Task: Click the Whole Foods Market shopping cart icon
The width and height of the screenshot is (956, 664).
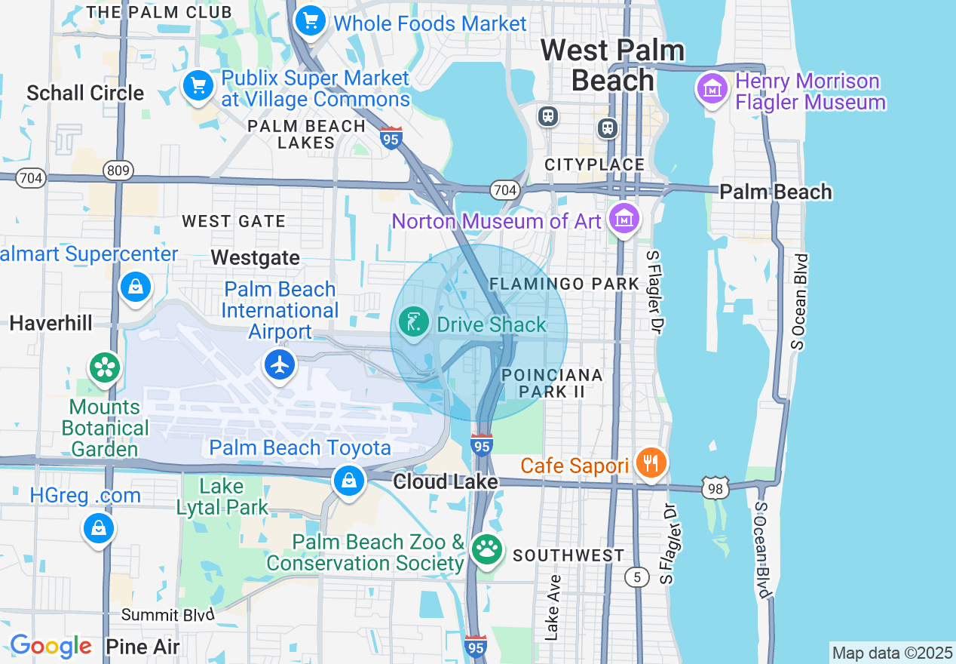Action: tap(310, 21)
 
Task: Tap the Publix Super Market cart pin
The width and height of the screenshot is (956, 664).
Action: tap(198, 86)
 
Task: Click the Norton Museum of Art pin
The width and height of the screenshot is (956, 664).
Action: tap(624, 219)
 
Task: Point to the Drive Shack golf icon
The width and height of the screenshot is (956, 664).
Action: tap(413, 323)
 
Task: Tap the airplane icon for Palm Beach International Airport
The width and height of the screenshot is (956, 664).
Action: tap(280, 365)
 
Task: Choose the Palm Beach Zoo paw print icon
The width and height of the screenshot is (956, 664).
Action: tap(486, 550)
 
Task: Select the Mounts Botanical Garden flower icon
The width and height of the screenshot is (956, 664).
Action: tap(105, 368)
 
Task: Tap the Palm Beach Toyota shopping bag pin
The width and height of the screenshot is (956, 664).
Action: tap(349, 480)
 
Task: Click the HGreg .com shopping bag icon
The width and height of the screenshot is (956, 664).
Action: tap(99, 528)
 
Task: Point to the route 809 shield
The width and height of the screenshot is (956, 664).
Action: tap(118, 171)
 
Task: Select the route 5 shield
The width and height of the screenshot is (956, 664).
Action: tap(637, 577)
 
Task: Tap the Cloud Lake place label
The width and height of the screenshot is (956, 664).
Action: tap(446, 481)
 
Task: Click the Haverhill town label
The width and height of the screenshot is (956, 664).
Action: tap(51, 324)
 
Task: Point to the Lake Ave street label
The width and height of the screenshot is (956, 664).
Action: tap(553, 607)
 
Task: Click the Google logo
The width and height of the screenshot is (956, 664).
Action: tap(51, 647)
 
